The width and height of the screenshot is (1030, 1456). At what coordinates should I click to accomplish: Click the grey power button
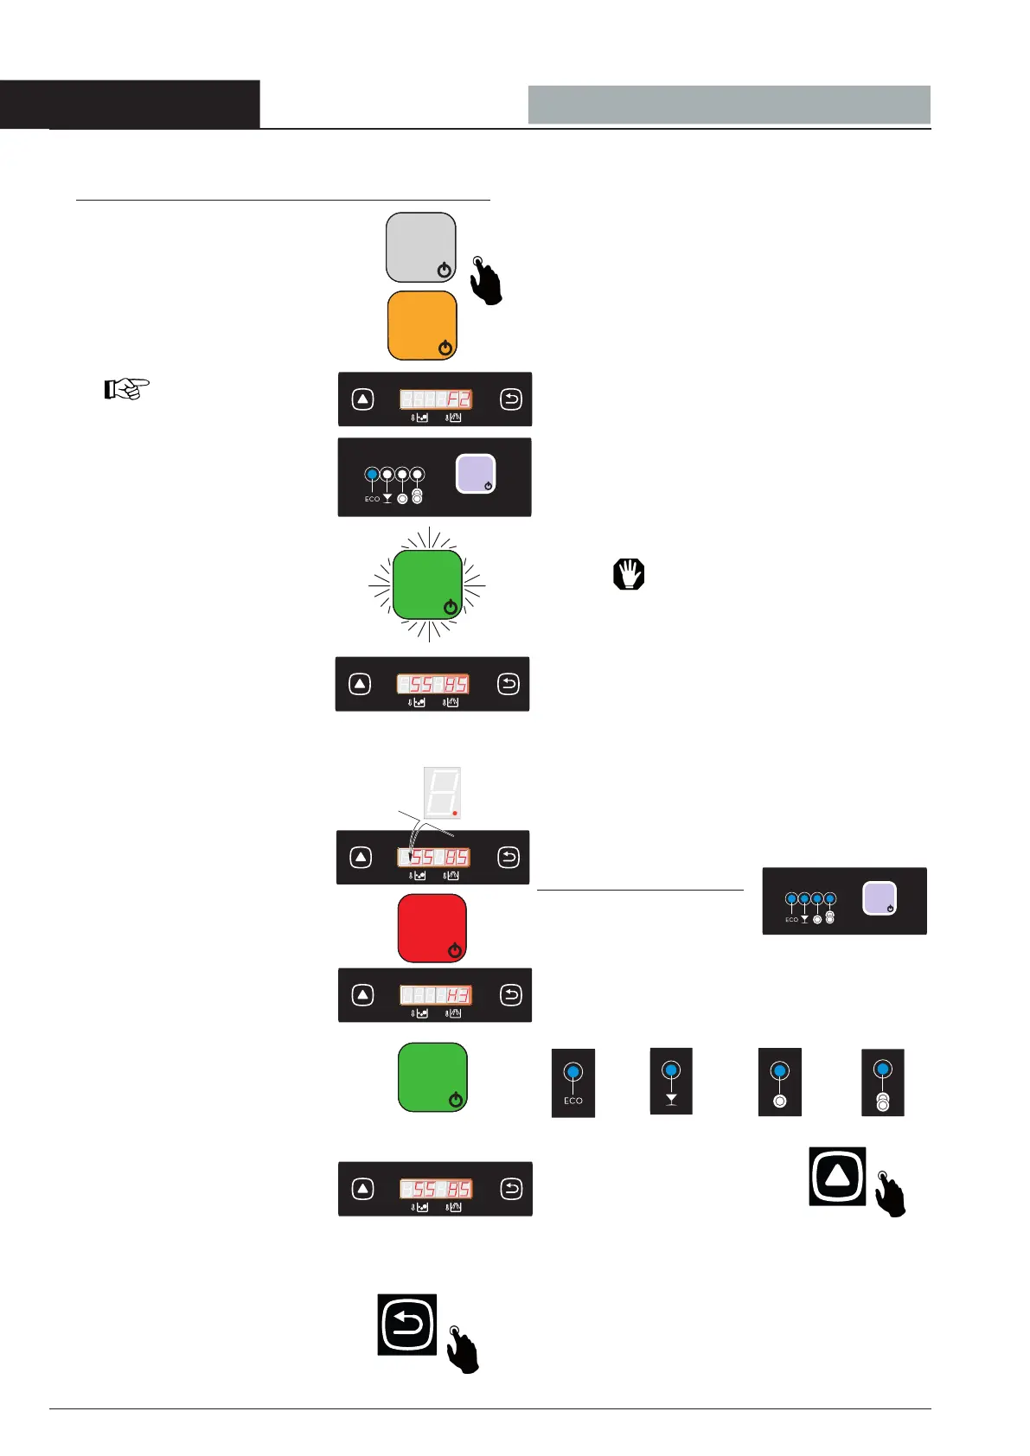coord(420,247)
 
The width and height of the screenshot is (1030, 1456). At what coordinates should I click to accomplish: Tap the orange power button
coord(422,325)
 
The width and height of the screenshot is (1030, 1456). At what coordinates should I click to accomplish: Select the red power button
coord(432,928)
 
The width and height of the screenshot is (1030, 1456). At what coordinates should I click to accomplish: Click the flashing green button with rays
coord(427,585)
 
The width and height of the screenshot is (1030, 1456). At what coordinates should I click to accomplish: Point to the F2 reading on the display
coord(457,399)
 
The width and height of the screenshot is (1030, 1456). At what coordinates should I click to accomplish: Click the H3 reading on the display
coord(457,996)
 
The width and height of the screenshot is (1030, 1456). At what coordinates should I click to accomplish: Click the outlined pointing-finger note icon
coord(126,389)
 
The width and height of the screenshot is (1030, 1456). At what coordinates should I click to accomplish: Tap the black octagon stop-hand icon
coord(629,574)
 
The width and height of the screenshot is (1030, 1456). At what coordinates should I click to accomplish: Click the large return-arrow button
coord(407,1325)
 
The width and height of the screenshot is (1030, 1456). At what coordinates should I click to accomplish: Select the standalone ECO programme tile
coord(573,1082)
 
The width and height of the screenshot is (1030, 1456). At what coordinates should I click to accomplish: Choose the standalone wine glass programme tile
coord(671,1082)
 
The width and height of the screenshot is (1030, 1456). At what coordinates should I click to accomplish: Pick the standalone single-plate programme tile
coord(779,1082)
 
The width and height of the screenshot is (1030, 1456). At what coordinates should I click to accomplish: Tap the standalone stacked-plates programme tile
coord(882,1082)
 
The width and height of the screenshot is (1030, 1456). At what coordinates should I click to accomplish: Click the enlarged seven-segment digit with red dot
coord(442,792)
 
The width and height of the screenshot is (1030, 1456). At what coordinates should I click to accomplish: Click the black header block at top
coord(130,105)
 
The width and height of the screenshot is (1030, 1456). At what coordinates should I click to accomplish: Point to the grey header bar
coord(729,105)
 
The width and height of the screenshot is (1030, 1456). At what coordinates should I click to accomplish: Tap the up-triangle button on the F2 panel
coord(363,399)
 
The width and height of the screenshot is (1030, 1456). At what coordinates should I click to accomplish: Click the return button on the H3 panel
coord(511,995)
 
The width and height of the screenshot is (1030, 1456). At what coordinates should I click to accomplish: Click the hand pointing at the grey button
coord(486,280)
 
